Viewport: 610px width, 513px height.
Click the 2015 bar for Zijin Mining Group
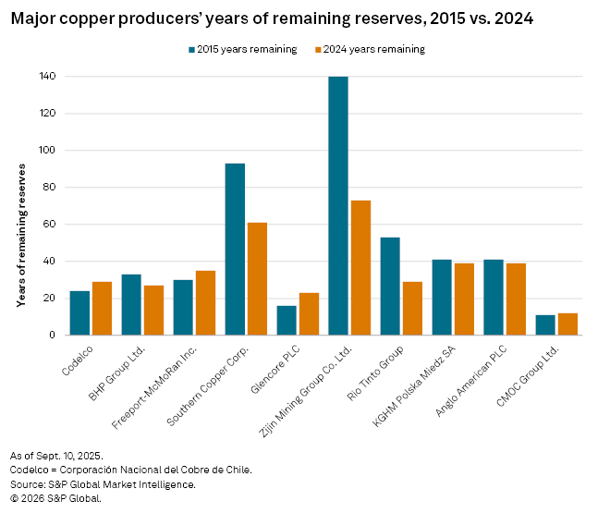pyautogui.click(x=338, y=205)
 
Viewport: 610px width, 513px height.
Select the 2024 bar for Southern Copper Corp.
pyautogui.click(x=257, y=278)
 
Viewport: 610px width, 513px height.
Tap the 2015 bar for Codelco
pyautogui.click(x=79, y=312)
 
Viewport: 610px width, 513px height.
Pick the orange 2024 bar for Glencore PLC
pyautogui.click(x=309, y=313)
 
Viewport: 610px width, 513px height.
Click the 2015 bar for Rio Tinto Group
pyautogui.click(x=390, y=286)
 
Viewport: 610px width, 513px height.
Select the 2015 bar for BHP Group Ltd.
pyautogui.click(x=131, y=304)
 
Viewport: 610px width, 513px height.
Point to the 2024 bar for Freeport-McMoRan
pyautogui.click(x=205, y=302)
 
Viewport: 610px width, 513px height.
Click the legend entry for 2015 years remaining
pyautogui.click(x=243, y=50)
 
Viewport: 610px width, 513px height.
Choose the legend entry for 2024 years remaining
pyautogui.click(x=369, y=50)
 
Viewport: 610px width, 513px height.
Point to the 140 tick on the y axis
pyautogui.click(x=47, y=77)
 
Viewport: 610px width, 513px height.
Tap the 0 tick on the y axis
pyautogui.click(x=53, y=336)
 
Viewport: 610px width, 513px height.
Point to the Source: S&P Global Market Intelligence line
pyautogui.click(x=103, y=484)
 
